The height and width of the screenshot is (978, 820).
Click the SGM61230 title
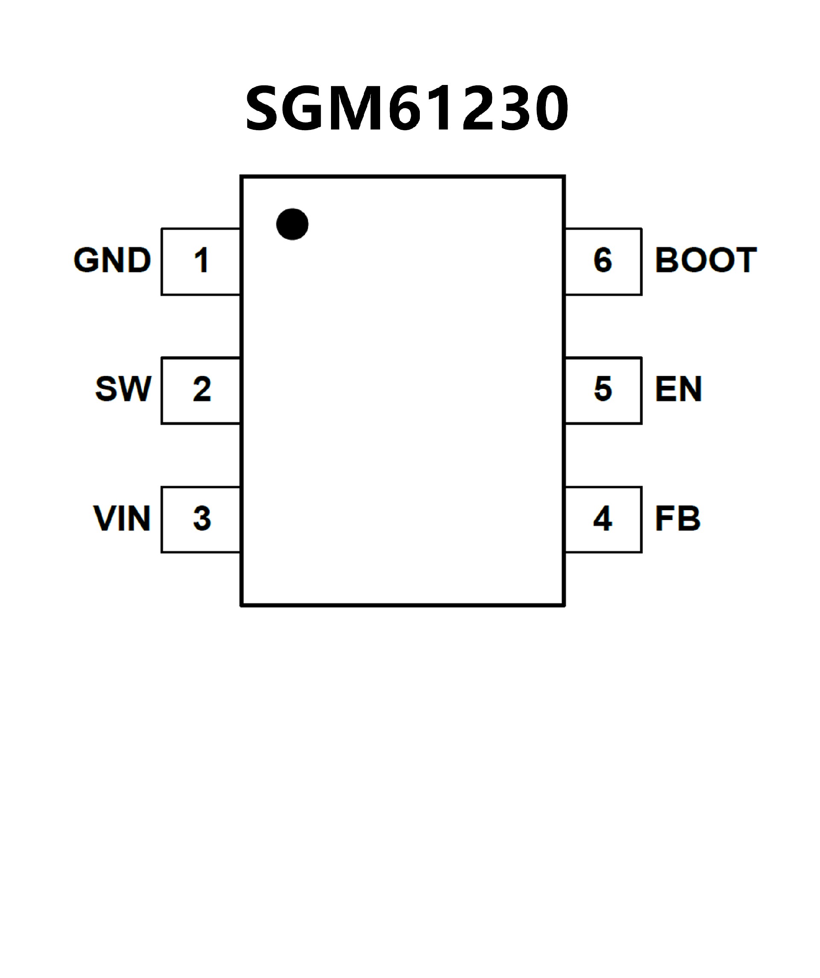pyautogui.click(x=406, y=108)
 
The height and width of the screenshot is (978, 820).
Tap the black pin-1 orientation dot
pyautogui.click(x=292, y=224)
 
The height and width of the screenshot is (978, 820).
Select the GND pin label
pyautogui.click(x=112, y=260)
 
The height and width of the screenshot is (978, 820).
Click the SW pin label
pyautogui.click(x=123, y=388)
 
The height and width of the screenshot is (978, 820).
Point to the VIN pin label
pyautogui.click(x=122, y=518)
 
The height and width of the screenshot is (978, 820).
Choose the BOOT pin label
pyautogui.click(x=706, y=260)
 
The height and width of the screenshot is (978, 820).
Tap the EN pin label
pyautogui.click(x=678, y=388)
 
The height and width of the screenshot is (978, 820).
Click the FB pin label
pyautogui.click(x=677, y=518)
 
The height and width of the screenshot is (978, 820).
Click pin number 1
pyautogui.click(x=201, y=260)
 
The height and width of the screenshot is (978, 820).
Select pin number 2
pyautogui.click(x=202, y=388)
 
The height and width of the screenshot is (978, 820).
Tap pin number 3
pyautogui.click(x=202, y=518)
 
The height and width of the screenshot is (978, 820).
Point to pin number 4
pyautogui.click(x=603, y=518)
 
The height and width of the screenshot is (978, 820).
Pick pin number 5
pyautogui.click(x=603, y=388)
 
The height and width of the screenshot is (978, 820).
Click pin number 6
pyautogui.click(x=603, y=260)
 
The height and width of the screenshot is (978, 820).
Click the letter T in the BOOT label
pyautogui.click(x=744, y=260)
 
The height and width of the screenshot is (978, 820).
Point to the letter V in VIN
pyautogui.click(x=104, y=518)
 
